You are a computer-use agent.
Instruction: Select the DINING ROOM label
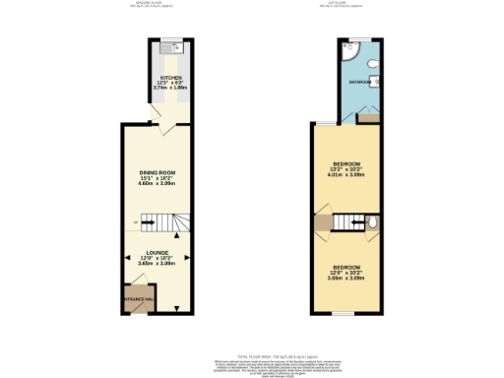tap(157, 173)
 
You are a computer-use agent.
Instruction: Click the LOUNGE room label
tap(157, 252)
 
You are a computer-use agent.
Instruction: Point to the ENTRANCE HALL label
tap(133, 297)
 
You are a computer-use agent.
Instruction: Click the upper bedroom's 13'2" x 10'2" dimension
tap(346, 170)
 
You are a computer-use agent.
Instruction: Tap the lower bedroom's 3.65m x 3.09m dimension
tap(346, 279)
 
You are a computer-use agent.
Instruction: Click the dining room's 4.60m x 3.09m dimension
tap(157, 185)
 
